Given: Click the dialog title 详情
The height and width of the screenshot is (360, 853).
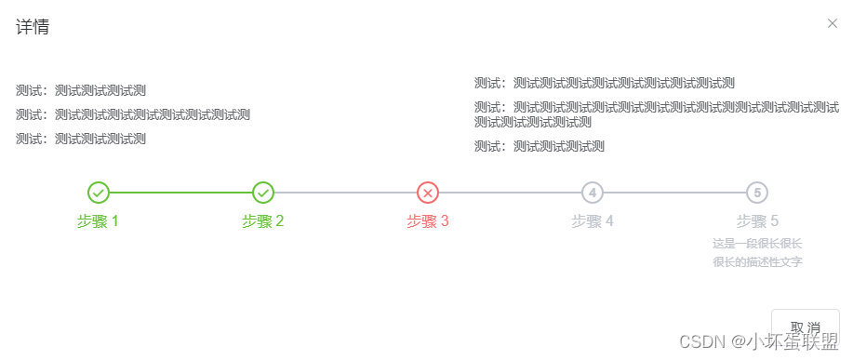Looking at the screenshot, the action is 33,27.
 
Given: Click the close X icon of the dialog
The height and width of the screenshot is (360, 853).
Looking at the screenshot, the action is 833,23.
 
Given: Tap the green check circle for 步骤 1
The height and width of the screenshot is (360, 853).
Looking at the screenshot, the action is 99,193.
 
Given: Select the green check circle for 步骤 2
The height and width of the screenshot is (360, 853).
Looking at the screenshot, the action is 263,193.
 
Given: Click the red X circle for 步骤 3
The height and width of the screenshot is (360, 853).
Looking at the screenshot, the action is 428,193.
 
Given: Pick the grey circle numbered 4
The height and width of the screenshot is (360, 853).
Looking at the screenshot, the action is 593,193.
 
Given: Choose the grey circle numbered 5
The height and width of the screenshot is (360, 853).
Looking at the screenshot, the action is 757,193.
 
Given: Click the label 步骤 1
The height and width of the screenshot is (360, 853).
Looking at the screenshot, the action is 99,221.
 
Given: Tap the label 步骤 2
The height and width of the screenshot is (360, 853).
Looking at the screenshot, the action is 263,221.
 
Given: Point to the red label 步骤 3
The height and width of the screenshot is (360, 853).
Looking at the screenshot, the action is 428,221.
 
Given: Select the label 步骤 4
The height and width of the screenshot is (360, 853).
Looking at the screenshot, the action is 593,221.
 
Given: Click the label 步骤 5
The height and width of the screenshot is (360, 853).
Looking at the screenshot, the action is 757,221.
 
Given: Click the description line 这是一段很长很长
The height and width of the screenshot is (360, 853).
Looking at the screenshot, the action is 757,244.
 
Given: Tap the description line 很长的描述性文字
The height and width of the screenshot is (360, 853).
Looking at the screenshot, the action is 757,262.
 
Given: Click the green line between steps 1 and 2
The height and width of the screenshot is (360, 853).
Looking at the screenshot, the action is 180,193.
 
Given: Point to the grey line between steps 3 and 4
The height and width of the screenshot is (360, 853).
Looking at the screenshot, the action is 510,193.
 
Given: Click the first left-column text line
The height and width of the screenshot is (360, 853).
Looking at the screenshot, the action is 81,91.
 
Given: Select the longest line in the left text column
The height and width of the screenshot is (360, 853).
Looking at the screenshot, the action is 133,115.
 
